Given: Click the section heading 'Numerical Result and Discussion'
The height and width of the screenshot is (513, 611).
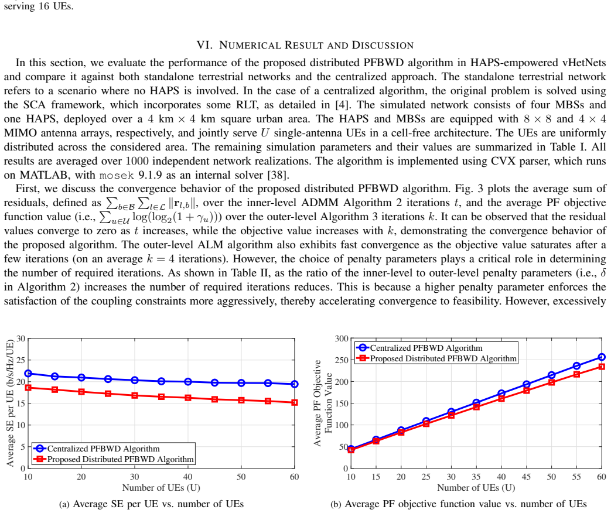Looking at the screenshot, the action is point(316,45).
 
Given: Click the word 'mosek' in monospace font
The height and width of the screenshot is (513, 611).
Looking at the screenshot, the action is point(117,175).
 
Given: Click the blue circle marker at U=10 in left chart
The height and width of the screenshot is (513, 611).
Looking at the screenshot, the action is point(28,374).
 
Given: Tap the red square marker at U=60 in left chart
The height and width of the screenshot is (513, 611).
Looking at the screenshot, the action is point(295,402).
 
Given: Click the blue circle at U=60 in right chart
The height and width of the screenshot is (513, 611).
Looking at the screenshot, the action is point(602,357).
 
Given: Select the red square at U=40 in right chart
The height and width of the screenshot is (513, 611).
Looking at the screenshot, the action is point(501,398).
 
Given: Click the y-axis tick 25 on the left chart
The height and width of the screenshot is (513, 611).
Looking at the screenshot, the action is point(21,360).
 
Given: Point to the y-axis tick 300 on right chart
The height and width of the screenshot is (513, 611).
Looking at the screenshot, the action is point(342,338).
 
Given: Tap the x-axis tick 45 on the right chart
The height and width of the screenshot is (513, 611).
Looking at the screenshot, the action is point(526,477).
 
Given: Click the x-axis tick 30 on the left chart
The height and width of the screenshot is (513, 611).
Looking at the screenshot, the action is point(134,477).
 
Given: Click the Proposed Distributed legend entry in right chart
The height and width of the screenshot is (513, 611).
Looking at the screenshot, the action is point(437,358).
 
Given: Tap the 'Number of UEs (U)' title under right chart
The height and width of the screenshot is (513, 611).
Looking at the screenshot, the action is point(476,488).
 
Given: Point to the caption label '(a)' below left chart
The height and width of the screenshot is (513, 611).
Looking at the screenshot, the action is point(64,504).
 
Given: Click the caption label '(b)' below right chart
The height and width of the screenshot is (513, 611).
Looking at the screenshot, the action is point(336,504).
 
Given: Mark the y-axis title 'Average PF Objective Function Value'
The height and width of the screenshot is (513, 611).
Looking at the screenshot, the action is point(323,403).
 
